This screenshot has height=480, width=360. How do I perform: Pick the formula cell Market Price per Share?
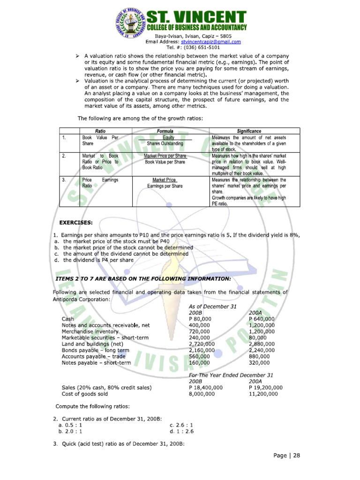click(165, 156)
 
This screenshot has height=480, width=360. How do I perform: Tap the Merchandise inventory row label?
click(90, 331)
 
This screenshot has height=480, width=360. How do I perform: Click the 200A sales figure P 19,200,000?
click(265, 388)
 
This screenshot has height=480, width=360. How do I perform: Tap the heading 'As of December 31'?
click(212, 306)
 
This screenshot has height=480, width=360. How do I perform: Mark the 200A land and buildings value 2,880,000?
click(262, 344)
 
